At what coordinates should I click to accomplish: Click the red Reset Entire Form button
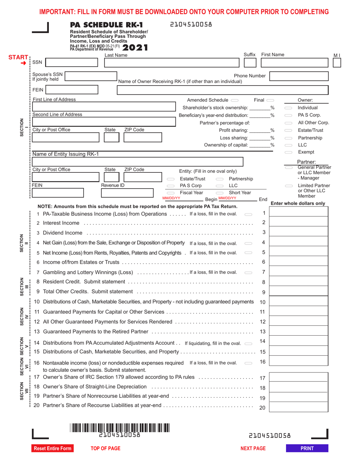tap(53, 449)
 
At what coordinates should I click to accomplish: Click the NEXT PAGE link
tap(253, 449)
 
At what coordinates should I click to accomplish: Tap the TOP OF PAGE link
tap(105, 449)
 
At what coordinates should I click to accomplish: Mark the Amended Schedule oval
tap(234, 100)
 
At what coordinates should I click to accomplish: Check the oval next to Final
tap(270, 100)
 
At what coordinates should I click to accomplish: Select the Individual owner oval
tap(288, 108)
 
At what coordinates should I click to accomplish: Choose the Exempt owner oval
tap(288, 152)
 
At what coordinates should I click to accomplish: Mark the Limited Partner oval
tap(288, 186)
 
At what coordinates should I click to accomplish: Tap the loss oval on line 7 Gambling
tap(248, 272)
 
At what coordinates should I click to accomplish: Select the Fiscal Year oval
tap(171, 193)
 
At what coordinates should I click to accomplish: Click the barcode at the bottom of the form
tap(119, 428)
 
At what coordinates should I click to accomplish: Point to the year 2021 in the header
tap(135, 48)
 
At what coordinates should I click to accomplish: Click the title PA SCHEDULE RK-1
tap(107, 25)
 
